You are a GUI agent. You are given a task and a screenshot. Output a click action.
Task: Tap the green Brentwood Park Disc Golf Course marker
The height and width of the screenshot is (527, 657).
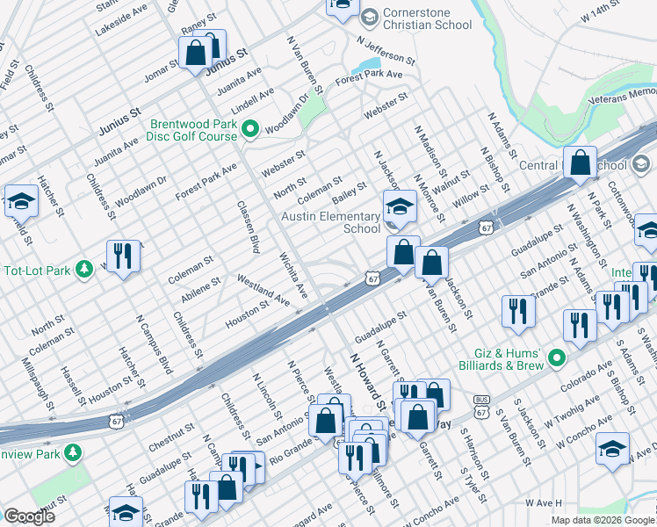coord(249,130)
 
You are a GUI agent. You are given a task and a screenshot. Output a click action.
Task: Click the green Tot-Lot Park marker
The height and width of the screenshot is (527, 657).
coord(83,267)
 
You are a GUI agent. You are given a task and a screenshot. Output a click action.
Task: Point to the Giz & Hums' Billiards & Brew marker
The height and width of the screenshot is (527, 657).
coord(555,357)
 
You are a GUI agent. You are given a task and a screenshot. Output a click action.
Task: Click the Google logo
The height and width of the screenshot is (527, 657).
coord(30,516)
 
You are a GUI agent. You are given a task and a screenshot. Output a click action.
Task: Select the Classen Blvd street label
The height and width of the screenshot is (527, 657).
coord(249,227)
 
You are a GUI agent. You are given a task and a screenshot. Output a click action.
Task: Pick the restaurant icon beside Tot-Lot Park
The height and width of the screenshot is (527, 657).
coord(123,256)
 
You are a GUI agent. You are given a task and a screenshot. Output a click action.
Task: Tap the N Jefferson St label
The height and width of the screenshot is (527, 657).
coord(386,49)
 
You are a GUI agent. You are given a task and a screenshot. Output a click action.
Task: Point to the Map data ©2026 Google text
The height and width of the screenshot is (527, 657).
coord(602,520)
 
